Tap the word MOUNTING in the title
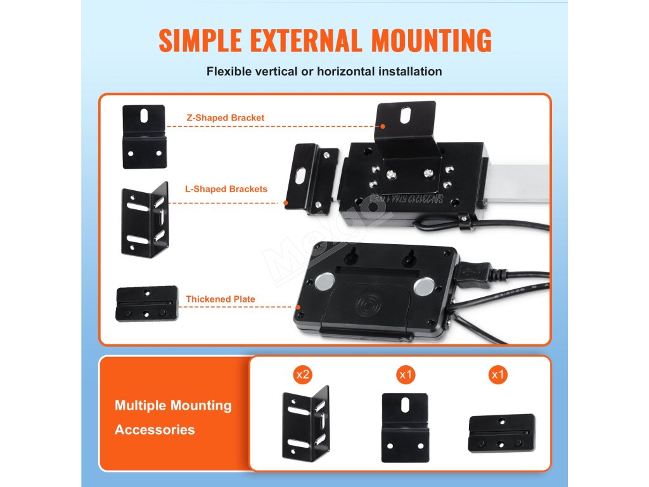(x=432, y=40)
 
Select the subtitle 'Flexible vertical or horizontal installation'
(x=324, y=71)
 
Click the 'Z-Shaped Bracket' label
(x=225, y=117)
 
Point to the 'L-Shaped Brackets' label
(x=226, y=189)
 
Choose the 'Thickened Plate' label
(x=221, y=299)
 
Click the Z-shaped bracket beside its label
(x=144, y=136)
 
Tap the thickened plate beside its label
(x=147, y=304)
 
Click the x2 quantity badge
(x=302, y=375)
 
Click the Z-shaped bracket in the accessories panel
(x=405, y=427)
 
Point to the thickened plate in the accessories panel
(x=501, y=434)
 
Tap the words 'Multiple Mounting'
(x=173, y=405)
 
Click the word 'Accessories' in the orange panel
(x=155, y=429)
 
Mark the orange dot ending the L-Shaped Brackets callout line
(x=286, y=203)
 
